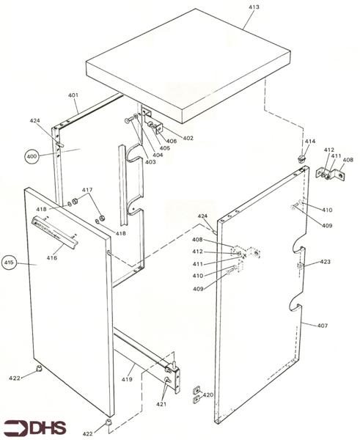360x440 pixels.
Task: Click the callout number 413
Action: (x=253, y=6)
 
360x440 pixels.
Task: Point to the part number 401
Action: (x=73, y=96)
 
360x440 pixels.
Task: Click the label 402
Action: (x=188, y=138)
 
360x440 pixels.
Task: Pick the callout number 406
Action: (x=171, y=142)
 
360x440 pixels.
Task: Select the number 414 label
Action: (x=309, y=141)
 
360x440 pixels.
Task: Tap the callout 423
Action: (x=326, y=261)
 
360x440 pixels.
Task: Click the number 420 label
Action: (x=208, y=395)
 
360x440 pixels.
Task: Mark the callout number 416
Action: (x=52, y=258)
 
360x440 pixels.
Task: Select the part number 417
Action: (x=87, y=190)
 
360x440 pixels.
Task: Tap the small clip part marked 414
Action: (x=301, y=157)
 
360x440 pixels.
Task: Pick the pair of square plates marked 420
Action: (x=196, y=394)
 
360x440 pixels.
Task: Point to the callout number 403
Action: (x=150, y=161)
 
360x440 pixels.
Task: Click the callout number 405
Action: (x=164, y=148)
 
